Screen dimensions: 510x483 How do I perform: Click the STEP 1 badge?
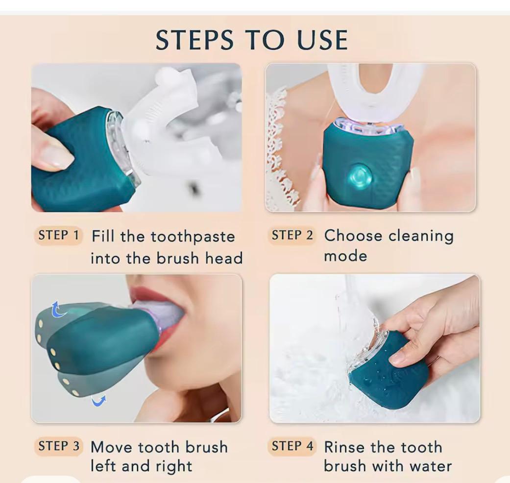[59, 235]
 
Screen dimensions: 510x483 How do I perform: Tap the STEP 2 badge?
[292, 235]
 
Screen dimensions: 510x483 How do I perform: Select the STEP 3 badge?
[59, 446]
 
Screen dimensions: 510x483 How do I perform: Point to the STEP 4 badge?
[292, 446]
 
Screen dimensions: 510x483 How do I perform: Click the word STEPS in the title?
[194, 40]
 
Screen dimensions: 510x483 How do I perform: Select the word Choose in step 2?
[353, 235]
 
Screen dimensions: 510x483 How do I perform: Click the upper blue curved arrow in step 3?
[59, 309]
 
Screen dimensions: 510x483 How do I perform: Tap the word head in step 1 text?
[224, 258]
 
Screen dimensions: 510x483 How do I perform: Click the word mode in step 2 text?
[345, 256]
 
